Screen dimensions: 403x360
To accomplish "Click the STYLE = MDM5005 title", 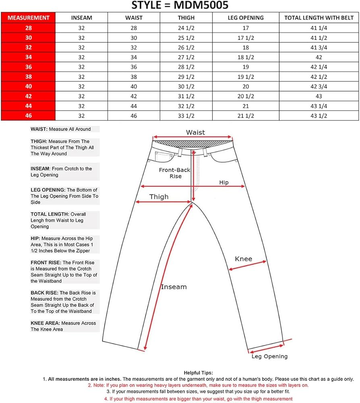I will tap(180, 6).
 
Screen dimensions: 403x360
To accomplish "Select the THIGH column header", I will tap(186, 18).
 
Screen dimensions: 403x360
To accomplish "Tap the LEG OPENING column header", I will tap(246, 18).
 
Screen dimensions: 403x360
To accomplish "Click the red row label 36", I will tap(28, 67).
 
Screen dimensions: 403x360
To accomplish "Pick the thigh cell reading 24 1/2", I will tap(186, 28).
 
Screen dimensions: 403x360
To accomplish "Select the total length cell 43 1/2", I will tap(319, 116).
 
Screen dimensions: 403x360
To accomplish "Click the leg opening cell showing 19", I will tap(246, 67).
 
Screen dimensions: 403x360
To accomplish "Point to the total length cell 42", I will tap(319, 57).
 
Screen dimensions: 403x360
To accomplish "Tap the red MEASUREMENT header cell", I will tap(28, 18).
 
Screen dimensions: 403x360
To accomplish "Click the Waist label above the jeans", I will tap(195, 132).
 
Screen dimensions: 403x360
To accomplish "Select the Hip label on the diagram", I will tap(224, 183).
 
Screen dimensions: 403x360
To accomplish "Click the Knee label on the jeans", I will tap(243, 259).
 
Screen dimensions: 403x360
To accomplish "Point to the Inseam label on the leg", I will tap(174, 287).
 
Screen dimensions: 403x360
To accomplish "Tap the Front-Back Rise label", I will tap(175, 173).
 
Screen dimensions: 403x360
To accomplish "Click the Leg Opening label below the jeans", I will tap(269, 356).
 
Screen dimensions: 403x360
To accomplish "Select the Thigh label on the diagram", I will tap(159, 197).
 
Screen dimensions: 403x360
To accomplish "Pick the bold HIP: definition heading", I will tap(35, 239).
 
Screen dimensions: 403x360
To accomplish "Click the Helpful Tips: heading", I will tap(198, 373).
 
